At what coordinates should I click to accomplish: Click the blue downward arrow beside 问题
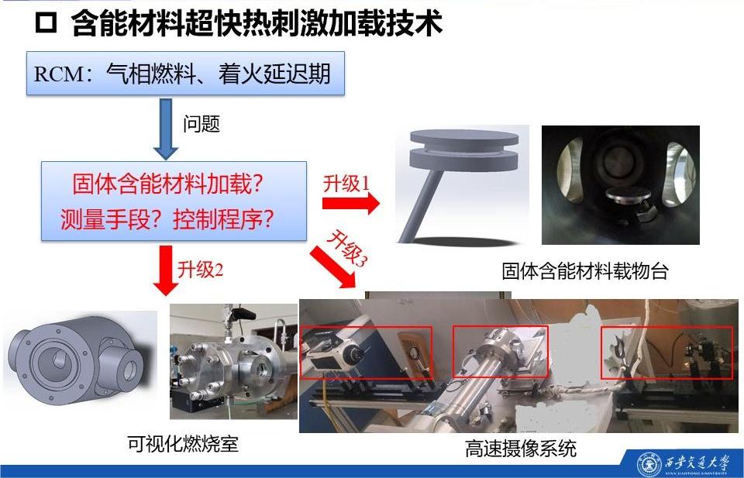pos(166,129)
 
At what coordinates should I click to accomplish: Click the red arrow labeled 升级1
pos(350,204)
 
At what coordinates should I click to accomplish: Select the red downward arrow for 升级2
pos(166,270)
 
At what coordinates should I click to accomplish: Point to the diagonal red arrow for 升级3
pos(332,267)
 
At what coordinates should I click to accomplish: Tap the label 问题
pos(201,124)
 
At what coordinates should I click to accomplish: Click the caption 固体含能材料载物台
pos(585,271)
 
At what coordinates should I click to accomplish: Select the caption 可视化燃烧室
pos(183,444)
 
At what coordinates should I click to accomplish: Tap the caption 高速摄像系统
pos(521,448)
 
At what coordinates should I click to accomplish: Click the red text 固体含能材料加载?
pos(167,184)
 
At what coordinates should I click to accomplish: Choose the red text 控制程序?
pos(223,219)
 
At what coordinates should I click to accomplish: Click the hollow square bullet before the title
pos(46,23)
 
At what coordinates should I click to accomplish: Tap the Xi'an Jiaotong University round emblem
pos(649,463)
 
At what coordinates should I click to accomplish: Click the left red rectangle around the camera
pos(367,352)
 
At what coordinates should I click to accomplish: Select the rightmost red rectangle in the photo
pos(666,352)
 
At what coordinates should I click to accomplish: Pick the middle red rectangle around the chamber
pos(501,352)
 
